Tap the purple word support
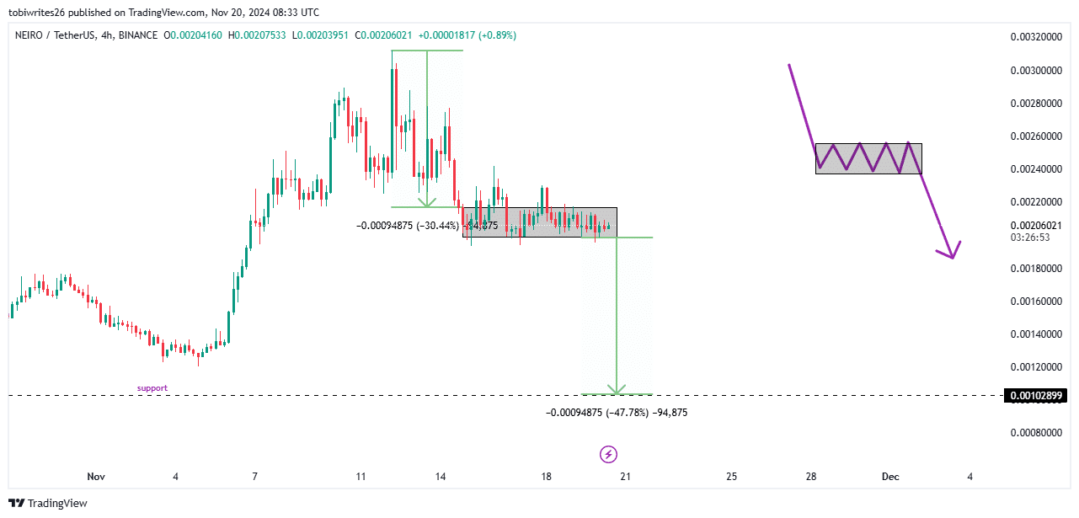[152, 388]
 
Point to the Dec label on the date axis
[890, 477]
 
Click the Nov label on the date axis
[96, 477]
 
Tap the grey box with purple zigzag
[868, 158]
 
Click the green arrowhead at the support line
[617, 390]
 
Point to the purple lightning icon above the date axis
[608, 455]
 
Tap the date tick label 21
[625, 477]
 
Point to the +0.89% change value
[494, 35]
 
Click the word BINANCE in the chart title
[139, 35]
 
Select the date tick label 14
[441, 477]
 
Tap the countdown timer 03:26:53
[1030, 238]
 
